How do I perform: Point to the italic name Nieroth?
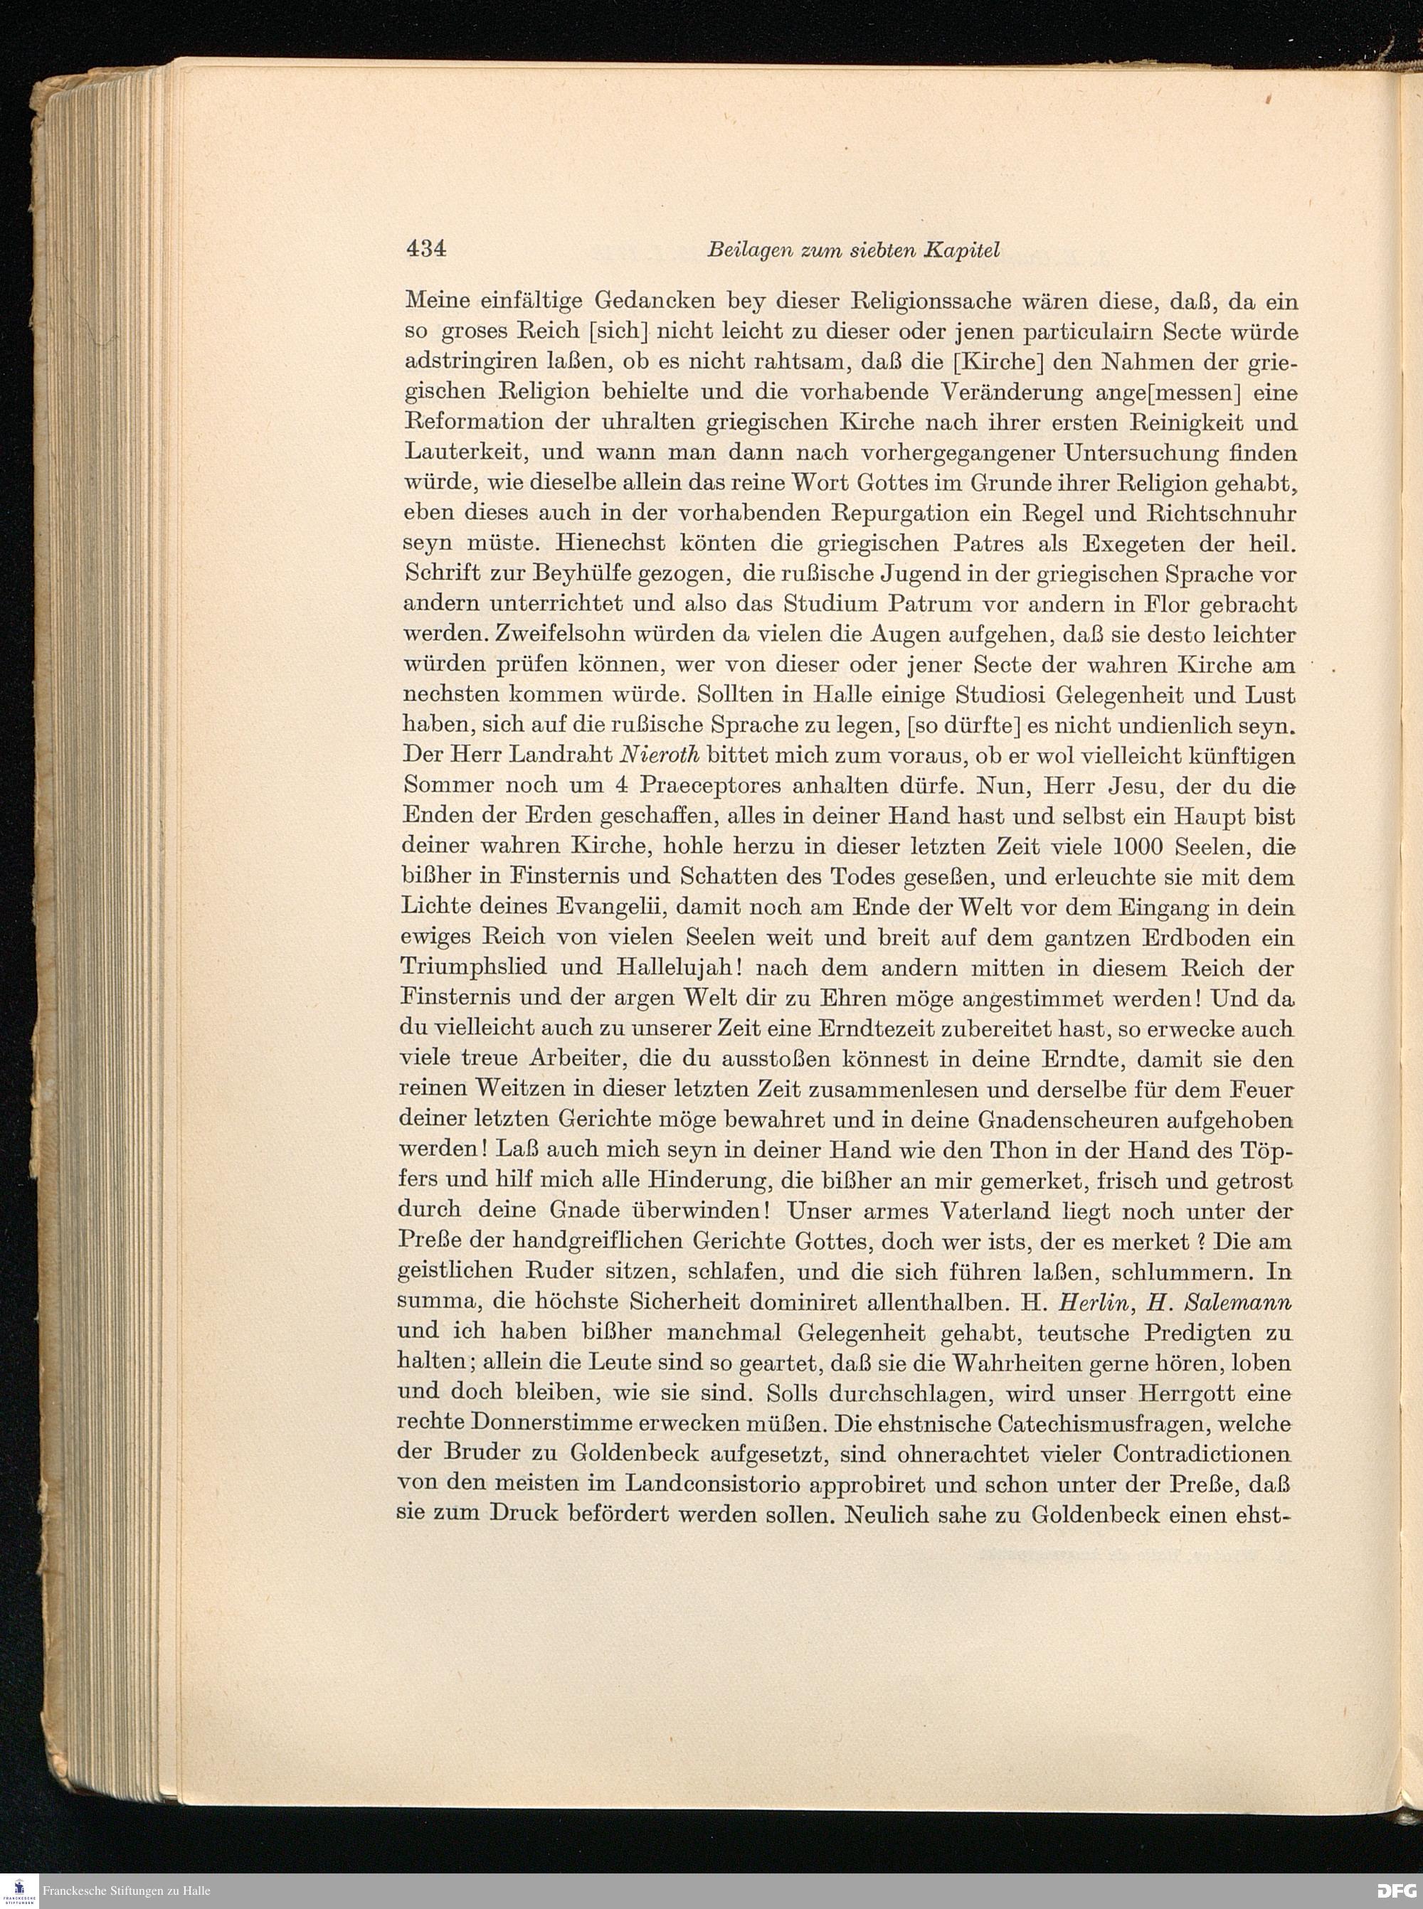657,755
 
